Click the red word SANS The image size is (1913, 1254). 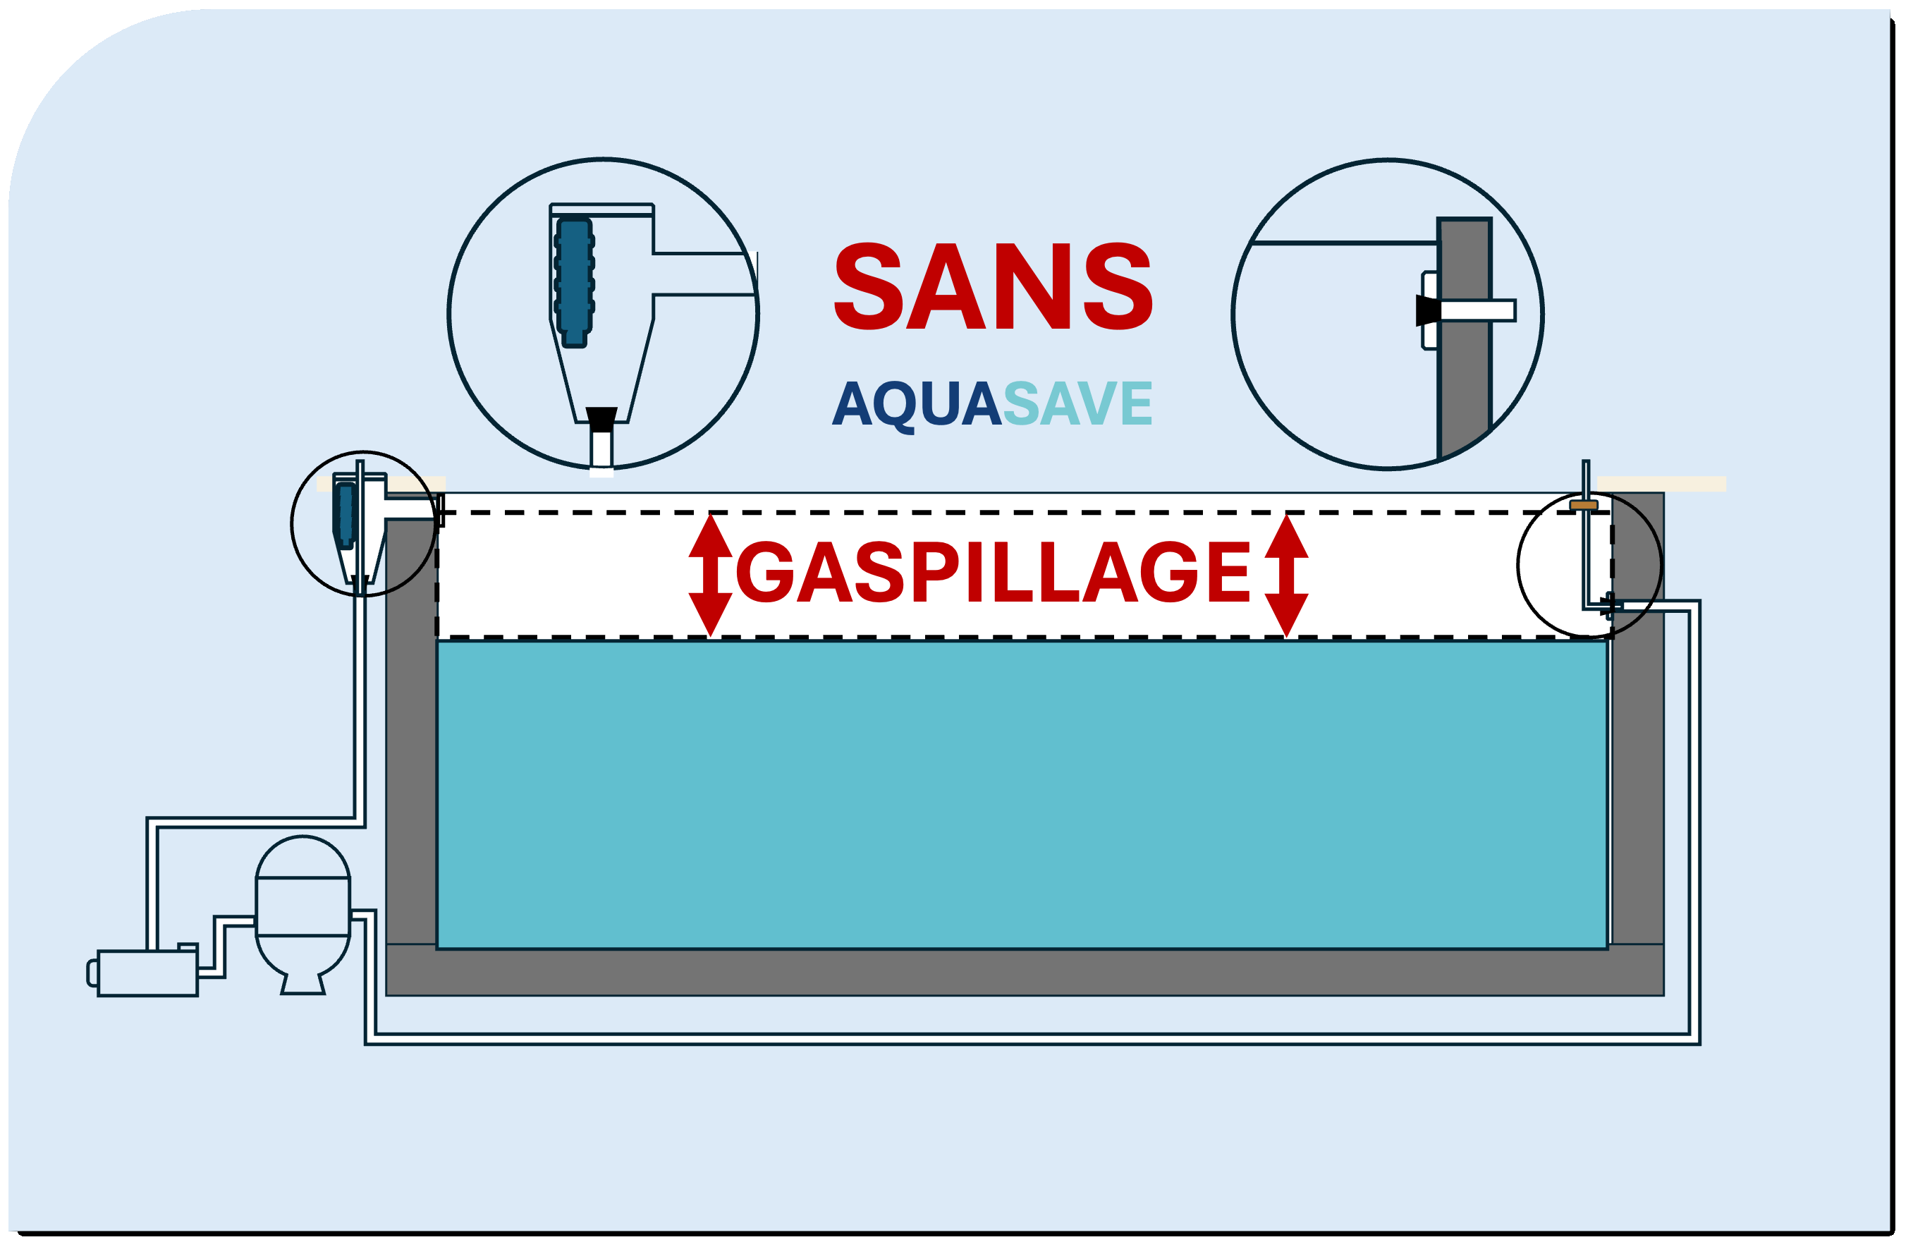[x=994, y=286]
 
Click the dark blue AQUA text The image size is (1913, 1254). [x=917, y=403]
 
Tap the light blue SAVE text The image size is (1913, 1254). [x=1077, y=403]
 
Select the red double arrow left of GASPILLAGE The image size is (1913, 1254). [x=711, y=575]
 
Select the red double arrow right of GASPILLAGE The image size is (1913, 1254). [x=1286, y=575]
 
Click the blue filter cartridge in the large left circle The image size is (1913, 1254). [x=574, y=277]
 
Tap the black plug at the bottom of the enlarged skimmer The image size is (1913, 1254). [x=601, y=418]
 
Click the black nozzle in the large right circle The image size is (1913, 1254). [x=1427, y=310]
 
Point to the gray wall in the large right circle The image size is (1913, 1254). [x=1465, y=386]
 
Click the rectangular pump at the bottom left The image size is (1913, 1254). [x=148, y=973]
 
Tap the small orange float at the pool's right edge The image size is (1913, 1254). [x=1584, y=505]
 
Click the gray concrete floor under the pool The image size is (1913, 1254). [x=1021, y=970]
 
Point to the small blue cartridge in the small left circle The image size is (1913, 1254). [x=346, y=514]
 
